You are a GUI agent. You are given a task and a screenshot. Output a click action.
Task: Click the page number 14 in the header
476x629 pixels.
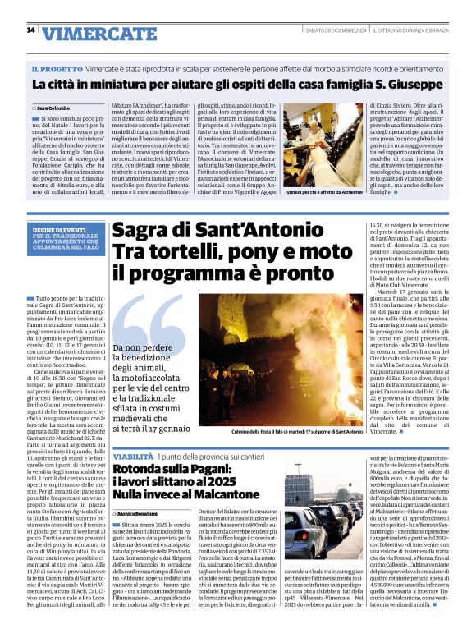click(x=30, y=30)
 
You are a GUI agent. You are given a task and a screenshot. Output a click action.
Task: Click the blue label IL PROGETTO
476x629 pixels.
click(x=57, y=71)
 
